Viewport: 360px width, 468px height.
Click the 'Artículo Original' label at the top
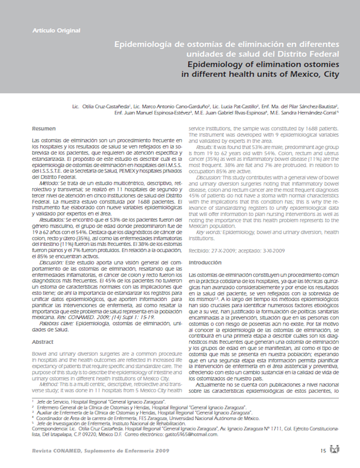(x=56, y=30)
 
